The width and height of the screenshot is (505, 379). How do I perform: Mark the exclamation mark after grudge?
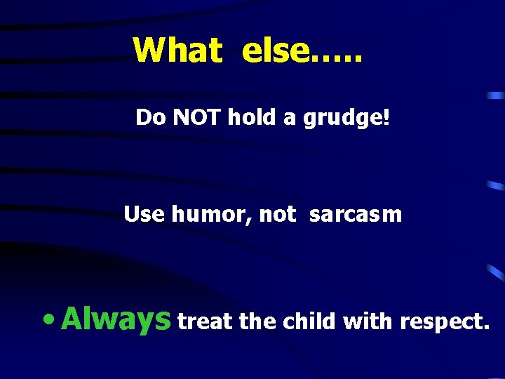tap(385, 117)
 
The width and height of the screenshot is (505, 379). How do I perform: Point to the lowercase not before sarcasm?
tap(278, 215)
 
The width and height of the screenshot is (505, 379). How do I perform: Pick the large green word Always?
tap(116, 319)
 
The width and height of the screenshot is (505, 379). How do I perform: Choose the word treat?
tap(206, 322)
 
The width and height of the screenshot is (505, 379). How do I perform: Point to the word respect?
tap(443, 323)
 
